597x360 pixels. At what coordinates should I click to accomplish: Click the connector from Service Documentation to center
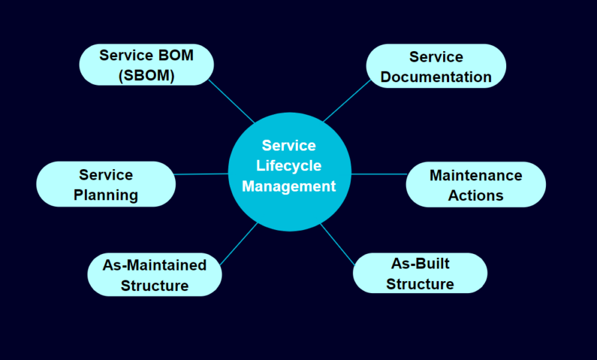click(347, 101)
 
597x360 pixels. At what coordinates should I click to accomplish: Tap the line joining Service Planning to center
click(202, 174)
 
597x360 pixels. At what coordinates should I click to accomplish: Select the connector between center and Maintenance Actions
click(378, 174)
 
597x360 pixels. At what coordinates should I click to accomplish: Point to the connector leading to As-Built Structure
click(339, 243)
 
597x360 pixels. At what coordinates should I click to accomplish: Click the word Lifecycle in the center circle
click(289, 166)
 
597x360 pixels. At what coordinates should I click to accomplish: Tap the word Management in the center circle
click(289, 186)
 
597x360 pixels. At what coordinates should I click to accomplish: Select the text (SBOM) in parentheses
click(147, 76)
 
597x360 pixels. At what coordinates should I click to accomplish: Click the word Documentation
click(436, 77)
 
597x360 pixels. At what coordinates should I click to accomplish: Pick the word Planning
click(106, 195)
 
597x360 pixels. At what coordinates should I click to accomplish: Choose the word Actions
click(476, 196)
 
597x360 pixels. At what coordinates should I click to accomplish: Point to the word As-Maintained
click(155, 265)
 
